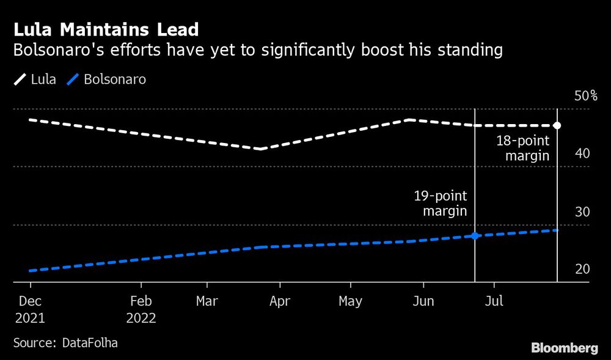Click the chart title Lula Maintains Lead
pyautogui.click(x=105, y=29)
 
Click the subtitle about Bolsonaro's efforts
pyautogui.click(x=258, y=51)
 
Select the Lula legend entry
pyautogui.click(x=35, y=79)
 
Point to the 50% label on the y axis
pyautogui.click(x=585, y=96)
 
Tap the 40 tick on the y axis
pyautogui.click(x=582, y=153)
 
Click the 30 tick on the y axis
pyautogui.click(x=582, y=212)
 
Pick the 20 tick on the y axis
pyautogui.click(x=582, y=270)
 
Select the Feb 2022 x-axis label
pyautogui.click(x=141, y=310)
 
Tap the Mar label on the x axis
pyautogui.click(x=207, y=301)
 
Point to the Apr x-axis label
pyautogui.click(x=279, y=301)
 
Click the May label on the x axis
pyautogui.click(x=350, y=301)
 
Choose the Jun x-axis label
pyautogui.click(x=423, y=301)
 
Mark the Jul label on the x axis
pyautogui.click(x=494, y=301)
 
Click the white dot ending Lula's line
pyautogui.click(x=557, y=125)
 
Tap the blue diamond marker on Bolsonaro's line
pyautogui.click(x=475, y=235)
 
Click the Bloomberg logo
pyautogui.click(x=565, y=348)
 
